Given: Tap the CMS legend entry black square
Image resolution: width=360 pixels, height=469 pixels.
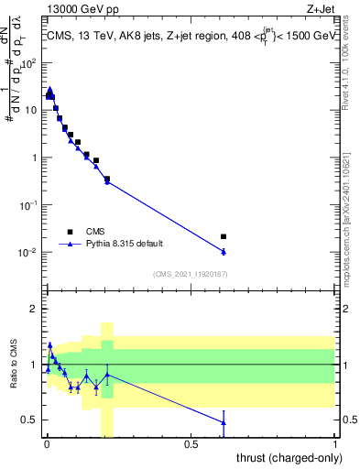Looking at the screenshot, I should [70, 231].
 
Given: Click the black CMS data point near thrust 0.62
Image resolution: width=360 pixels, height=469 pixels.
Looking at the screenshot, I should [224, 236].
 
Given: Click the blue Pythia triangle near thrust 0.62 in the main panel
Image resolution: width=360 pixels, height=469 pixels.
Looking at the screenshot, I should [224, 251].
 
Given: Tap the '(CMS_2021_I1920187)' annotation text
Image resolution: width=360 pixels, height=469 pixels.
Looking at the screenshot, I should [190, 273].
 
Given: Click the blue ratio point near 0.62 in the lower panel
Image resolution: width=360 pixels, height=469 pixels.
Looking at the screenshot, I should [224, 422].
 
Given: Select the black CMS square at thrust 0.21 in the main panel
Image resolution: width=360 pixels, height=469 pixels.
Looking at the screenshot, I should [106, 180].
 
